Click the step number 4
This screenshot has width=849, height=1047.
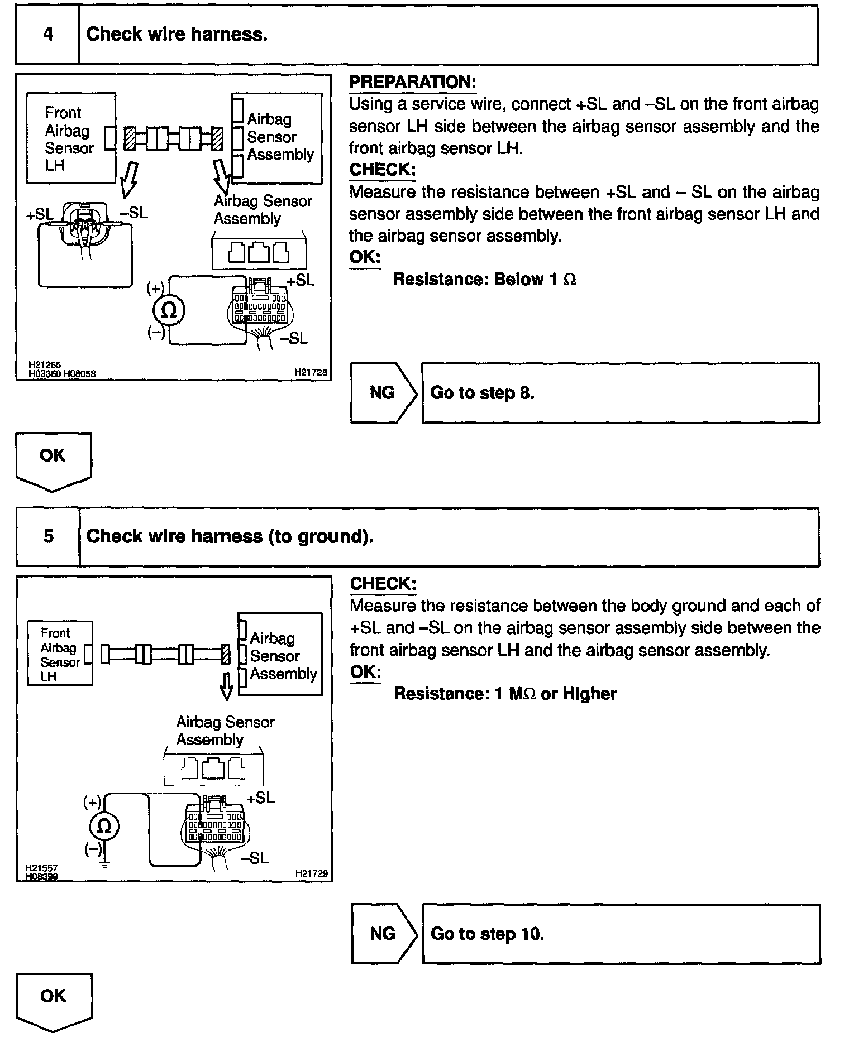pos(48,35)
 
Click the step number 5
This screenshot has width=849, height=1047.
pos(49,536)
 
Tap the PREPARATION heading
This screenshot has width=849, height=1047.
pos(412,82)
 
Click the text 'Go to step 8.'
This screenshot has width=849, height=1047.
pos(482,393)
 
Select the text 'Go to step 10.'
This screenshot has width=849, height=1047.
pos(487,934)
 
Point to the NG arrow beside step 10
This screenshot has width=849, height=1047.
pos(384,934)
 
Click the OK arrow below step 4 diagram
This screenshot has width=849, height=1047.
pos(53,460)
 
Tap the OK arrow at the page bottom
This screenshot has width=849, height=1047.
pos(54,1001)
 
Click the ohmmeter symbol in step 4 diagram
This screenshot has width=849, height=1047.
pos(168,310)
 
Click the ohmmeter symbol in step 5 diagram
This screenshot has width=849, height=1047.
pos(104,827)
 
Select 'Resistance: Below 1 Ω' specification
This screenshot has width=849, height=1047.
pos(484,279)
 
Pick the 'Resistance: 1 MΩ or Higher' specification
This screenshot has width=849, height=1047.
pos(505,694)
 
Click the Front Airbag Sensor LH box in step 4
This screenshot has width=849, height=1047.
pos(71,138)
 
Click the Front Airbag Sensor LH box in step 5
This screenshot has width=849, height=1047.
pos(60,654)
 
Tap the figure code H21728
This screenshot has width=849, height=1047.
pos(311,372)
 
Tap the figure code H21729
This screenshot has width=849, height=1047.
pos(312,873)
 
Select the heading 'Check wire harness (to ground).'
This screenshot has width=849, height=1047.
pos(230,536)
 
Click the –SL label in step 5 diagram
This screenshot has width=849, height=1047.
pos(254,858)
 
